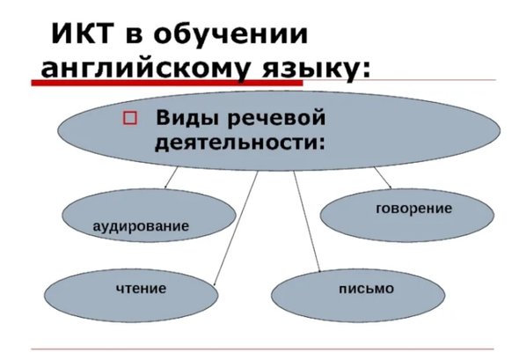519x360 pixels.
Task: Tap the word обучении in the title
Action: pyautogui.click(x=230, y=33)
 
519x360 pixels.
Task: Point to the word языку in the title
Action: pyautogui.click(x=309, y=69)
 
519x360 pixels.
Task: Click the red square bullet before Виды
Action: pyautogui.click(x=130, y=118)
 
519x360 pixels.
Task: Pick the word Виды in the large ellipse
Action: pyautogui.click(x=187, y=118)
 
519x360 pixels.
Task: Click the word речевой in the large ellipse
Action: pyautogui.click(x=277, y=118)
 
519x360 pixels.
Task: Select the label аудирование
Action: pyautogui.click(x=141, y=226)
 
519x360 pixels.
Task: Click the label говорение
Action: pyautogui.click(x=413, y=209)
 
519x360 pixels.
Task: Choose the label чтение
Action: pyautogui.click(x=141, y=289)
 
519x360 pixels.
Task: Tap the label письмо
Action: pyautogui.click(x=367, y=289)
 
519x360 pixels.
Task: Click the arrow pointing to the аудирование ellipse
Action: pyautogui.click(x=171, y=178)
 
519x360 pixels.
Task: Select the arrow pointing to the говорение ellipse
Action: pyautogui.click(x=383, y=178)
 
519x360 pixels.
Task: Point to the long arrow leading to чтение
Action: pyautogui.click(x=236, y=229)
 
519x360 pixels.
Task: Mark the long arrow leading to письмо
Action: pyautogui.click(x=307, y=221)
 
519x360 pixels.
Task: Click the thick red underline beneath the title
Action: pyautogui.click(x=167, y=83)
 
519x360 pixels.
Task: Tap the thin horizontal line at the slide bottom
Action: pyautogui.click(x=262, y=349)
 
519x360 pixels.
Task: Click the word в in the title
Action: pyautogui.click(x=133, y=36)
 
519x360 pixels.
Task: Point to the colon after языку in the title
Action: pyautogui.click(x=365, y=70)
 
